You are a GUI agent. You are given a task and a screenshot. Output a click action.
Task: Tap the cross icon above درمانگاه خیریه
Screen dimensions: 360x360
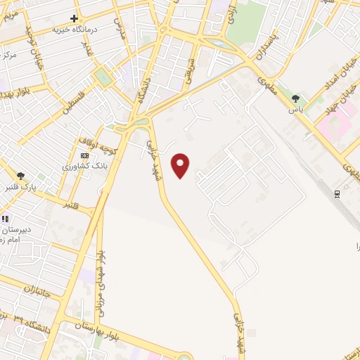click(75, 18)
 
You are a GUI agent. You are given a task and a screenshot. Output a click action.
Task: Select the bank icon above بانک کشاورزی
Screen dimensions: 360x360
click(85, 155)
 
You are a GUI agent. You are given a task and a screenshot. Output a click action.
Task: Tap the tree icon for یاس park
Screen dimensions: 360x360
click(295, 99)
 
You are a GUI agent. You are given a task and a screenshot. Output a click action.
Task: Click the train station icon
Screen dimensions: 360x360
click(337, 194)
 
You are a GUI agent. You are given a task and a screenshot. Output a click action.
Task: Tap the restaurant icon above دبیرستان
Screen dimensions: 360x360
click(6, 219)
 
